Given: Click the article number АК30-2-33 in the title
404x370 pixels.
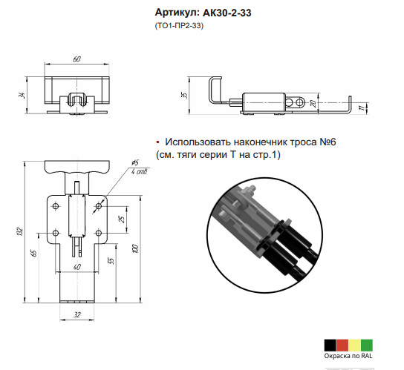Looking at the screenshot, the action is click(227, 13).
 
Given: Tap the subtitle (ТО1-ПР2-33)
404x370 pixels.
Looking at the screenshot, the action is click(179, 26).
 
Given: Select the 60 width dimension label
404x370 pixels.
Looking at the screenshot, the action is click(76, 59).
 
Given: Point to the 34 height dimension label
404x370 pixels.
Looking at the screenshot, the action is click(22, 95).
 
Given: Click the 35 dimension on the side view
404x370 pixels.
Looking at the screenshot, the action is click(184, 95).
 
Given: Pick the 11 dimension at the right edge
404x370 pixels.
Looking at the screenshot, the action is click(363, 107).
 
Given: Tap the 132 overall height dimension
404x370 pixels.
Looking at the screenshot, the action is click(20, 231).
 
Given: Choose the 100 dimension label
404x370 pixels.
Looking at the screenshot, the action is click(135, 248).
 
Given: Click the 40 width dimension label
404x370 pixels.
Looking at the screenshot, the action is click(77, 267).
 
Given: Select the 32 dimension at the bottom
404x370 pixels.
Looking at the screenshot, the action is click(77, 314).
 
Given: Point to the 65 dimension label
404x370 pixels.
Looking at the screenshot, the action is click(34, 253).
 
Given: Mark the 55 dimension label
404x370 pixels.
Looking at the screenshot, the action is click(111, 261).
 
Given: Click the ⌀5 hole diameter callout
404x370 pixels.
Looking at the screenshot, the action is click(135, 162).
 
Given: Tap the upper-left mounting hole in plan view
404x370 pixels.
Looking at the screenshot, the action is click(56, 206).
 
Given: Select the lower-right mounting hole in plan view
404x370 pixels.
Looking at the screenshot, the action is click(99, 233).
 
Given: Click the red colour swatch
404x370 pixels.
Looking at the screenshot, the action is click(342, 346).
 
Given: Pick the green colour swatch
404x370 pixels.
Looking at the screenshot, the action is click(367, 346).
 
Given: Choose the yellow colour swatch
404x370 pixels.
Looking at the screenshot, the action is click(354, 346).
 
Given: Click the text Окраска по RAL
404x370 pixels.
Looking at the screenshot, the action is click(348, 356).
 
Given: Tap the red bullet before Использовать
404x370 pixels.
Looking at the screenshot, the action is click(157, 142).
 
